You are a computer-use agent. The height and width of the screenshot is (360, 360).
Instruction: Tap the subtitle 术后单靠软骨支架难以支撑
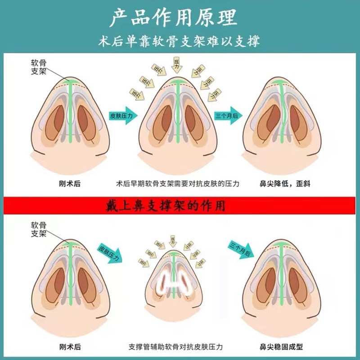pos(180,41)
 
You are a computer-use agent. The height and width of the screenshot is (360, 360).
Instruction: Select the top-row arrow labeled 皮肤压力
pos(122,116)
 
